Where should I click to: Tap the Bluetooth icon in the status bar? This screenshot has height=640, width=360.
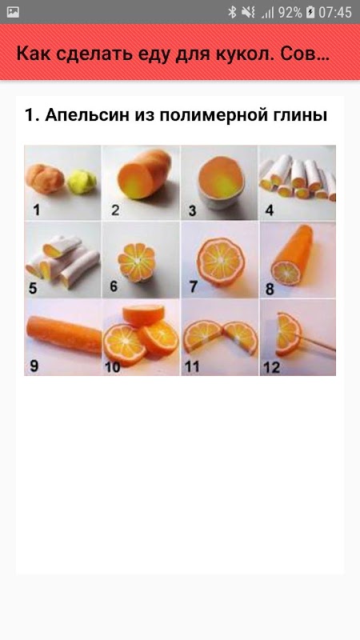[232, 12]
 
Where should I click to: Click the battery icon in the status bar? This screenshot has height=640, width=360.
[310, 12]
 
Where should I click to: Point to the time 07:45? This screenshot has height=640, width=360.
[335, 12]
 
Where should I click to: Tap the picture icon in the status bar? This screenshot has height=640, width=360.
[13, 12]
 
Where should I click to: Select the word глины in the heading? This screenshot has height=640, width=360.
[302, 115]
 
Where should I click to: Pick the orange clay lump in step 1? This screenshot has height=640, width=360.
[45, 178]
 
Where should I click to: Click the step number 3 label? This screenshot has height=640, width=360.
[192, 210]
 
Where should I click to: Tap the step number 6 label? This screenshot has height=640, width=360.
[113, 286]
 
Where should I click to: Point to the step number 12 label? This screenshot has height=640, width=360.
[271, 368]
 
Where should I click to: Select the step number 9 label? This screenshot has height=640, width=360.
[34, 366]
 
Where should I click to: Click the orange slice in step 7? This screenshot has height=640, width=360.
[221, 262]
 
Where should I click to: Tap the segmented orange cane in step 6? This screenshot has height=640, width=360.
[137, 262]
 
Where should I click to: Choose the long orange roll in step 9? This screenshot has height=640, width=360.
[64, 334]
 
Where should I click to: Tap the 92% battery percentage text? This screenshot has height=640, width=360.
[290, 12]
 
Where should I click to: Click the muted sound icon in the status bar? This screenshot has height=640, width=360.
[248, 12]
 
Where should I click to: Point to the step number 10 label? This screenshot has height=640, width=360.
[113, 367]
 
